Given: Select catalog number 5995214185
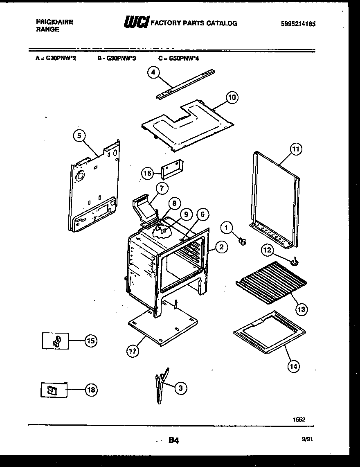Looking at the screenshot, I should (298, 24).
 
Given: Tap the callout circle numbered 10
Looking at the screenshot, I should (232, 97).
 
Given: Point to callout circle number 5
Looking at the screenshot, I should (80, 135).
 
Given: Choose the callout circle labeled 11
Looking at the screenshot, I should (296, 149).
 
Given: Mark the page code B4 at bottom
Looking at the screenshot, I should (173, 440).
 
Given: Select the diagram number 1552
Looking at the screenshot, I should (299, 420).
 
